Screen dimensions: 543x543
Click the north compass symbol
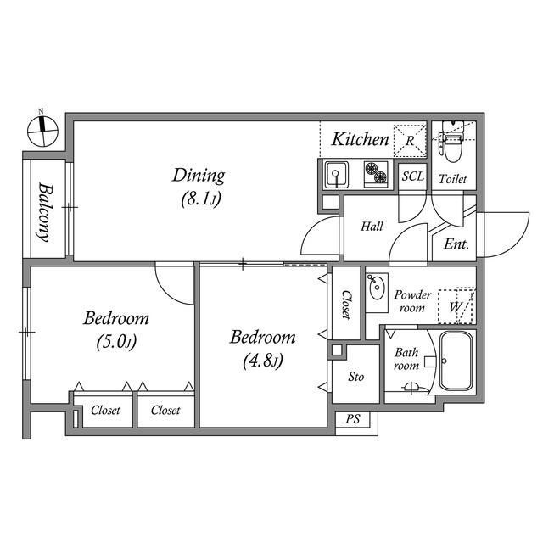[x=42, y=131]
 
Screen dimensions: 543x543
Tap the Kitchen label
[x=360, y=139]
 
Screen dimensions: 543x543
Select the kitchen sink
[x=336, y=175]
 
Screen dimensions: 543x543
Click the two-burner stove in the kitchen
[x=376, y=174]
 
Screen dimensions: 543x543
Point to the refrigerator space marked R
[x=410, y=140]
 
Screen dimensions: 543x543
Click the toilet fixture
[x=452, y=142]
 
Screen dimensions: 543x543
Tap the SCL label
[x=413, y=176]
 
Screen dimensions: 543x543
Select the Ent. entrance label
[x=456, y=244]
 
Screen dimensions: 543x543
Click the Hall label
[x=372, y=227]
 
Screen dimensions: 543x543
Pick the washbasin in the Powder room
[x=377, y=287]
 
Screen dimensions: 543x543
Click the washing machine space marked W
[x=456, y=306]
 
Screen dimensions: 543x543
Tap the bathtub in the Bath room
[x=456, y=361]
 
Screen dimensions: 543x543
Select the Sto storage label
[x=356, y=377]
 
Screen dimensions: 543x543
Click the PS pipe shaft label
[x=353, y=419]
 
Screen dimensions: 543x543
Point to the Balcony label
[x=45, y=212]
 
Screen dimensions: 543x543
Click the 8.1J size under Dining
[x=201, y=199]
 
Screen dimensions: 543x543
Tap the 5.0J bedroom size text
[x=116, y=342]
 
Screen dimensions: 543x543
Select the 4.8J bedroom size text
[x=263, y=361]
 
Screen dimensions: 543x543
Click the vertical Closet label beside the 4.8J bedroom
[x=347, y=305]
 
